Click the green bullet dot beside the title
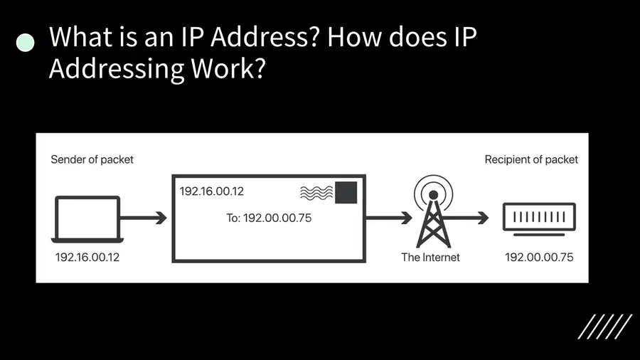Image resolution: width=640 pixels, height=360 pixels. (x=26, y=43)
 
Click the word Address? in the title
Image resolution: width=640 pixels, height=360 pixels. (x=265, y=37)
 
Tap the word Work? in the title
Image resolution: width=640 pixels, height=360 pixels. (x=228, y=68)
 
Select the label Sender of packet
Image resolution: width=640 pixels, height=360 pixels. (x=92, y=159)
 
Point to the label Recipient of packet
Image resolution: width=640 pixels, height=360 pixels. (x=531, y=159)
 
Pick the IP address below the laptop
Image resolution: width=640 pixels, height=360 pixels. (x=87, y=257)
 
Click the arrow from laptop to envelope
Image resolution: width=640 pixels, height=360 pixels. (x=143, y=218)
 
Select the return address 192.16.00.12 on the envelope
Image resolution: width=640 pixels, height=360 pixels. (x=211, y=191)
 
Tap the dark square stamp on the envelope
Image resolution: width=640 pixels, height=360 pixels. (x=346, y=192)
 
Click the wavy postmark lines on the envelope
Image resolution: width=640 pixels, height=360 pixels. (x=316, y=193)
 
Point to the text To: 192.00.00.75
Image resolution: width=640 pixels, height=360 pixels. (x=269, y=218)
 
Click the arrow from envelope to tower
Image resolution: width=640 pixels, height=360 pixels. (x=389, y=218)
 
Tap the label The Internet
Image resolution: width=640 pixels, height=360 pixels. (x=430, y=257)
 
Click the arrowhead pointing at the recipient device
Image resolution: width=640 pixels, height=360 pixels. (x=484, y=218)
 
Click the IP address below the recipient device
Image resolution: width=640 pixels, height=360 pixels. (x=539, y=257)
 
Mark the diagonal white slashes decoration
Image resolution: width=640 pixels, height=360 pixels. (x=605, y=327)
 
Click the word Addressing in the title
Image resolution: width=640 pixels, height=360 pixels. (x=117, y=68)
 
